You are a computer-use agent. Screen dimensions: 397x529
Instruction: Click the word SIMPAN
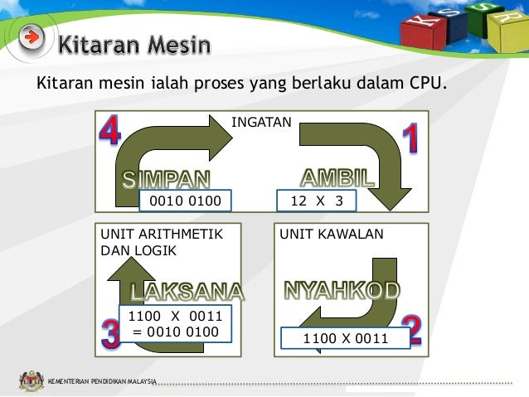[x=167, y=179]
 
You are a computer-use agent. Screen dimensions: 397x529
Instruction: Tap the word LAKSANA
[x=187, y=292]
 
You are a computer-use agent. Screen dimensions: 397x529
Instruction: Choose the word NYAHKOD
[x=342, y=289]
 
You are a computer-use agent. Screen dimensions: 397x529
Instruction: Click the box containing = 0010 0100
[x=176, y=324]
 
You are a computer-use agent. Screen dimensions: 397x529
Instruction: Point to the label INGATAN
[x=261, y=122]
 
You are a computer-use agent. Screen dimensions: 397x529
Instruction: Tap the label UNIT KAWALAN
[x=332, y=235]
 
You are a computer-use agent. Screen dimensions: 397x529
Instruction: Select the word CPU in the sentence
[x=426, y=83]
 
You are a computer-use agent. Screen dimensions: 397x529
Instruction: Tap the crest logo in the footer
[x=32, y=381]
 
